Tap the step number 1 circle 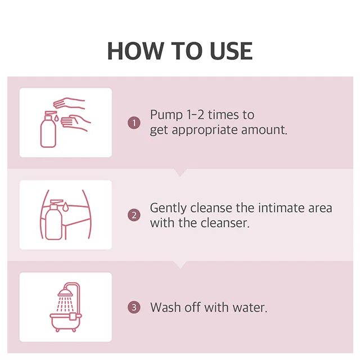(134, 123)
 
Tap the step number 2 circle (134, 215)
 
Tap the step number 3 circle (134, 308)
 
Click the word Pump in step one (166, 115)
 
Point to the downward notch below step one (180, 172)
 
